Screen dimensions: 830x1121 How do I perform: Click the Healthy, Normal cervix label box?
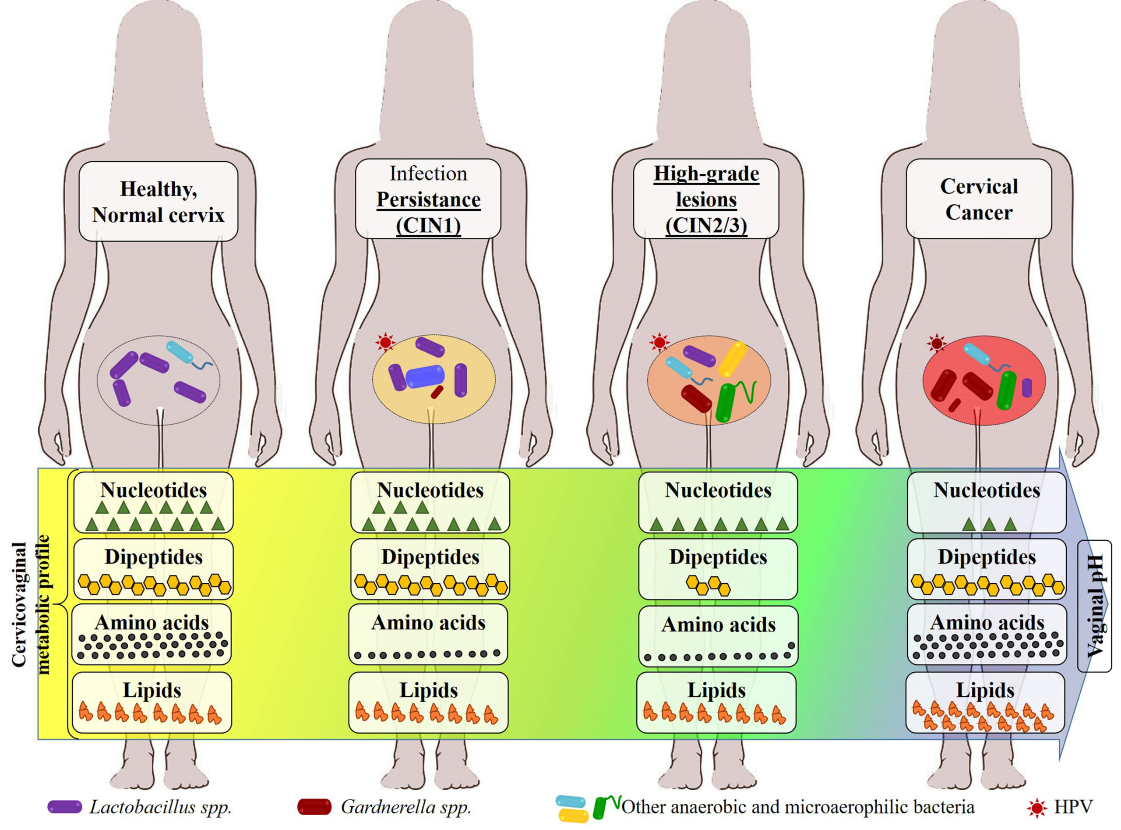[158, 202]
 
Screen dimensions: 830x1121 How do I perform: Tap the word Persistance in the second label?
[428, 199]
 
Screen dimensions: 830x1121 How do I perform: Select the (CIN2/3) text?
[706, 226]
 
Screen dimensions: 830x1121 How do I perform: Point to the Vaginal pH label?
[1096, 606]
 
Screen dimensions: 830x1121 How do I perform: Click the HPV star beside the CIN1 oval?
[385, 343]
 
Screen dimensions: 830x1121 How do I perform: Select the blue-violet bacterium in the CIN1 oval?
[425, 376]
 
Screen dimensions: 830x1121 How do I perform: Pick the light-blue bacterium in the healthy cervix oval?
[180, 352]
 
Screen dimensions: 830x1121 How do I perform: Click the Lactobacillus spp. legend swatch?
[65, 807]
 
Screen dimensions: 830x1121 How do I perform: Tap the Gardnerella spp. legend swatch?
[314, 807]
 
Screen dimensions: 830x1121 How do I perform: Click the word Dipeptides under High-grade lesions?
[718, 557]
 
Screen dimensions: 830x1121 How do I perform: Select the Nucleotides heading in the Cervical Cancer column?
[987, 490]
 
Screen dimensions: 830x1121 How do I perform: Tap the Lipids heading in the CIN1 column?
[428, 690]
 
